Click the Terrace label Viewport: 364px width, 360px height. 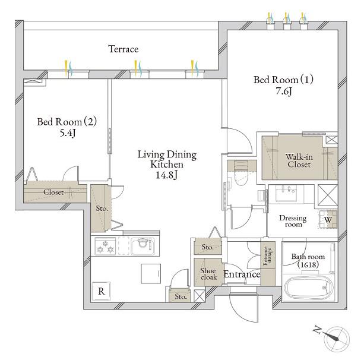[124, 49]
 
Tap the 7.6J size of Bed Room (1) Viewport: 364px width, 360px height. [283, 91]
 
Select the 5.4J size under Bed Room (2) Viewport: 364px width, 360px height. [68, 133]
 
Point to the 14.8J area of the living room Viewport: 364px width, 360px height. [166, 175]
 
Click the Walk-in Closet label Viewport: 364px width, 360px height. [299, 160]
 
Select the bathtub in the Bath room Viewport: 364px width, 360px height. [308, 288]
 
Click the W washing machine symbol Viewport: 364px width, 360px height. [328, 219]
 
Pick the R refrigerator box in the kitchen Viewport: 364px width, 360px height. [101, 291]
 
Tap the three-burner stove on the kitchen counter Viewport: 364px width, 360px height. [105, 247]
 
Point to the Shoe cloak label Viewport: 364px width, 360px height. [208, 274]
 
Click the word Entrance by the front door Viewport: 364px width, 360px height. [242, 274]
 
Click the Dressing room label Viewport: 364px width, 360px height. [293, 221]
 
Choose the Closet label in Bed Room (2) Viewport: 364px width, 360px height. [53, 192]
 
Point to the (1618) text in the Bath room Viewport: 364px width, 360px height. [308, 264]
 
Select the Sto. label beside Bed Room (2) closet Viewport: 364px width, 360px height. [102, 209]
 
